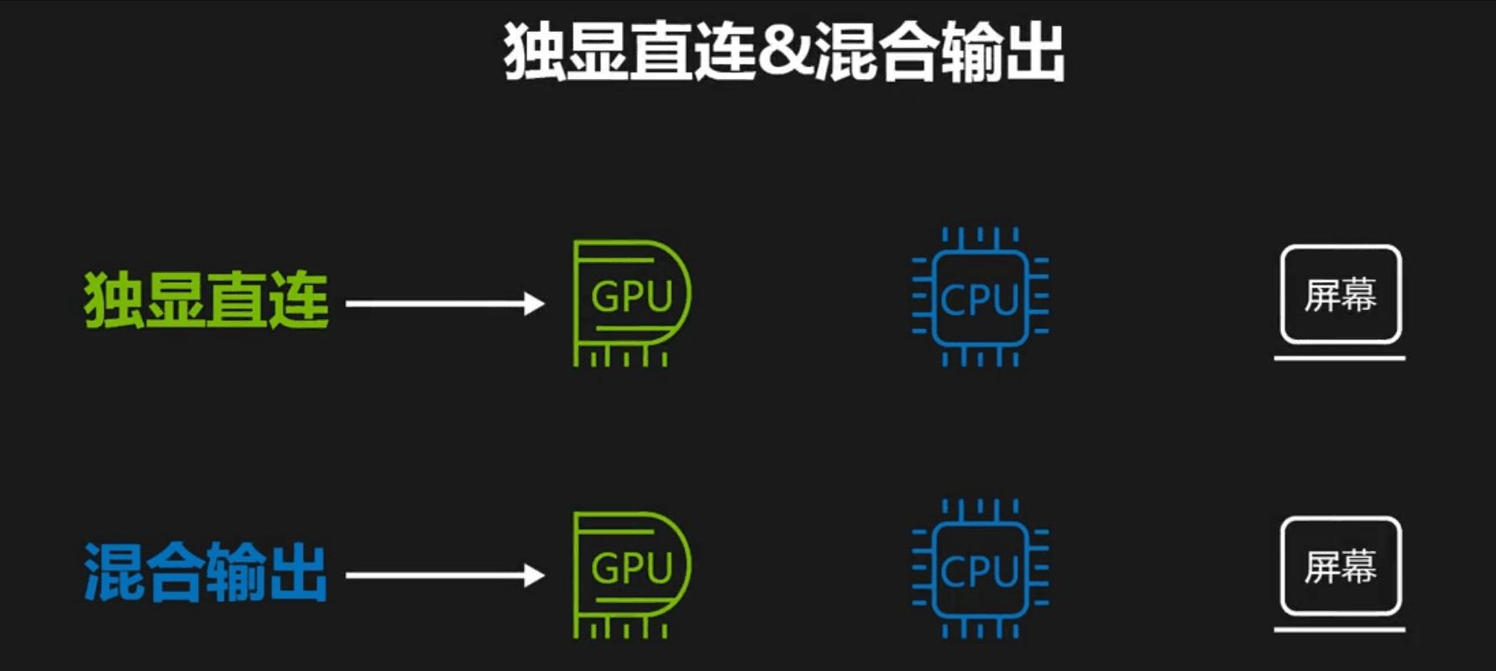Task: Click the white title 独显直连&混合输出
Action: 784,52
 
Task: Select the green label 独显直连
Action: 206,300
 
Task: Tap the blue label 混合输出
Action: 206,572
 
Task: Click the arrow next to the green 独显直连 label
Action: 444,303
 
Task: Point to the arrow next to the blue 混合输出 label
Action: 444,575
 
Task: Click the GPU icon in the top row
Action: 631,302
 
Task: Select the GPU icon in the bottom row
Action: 631,574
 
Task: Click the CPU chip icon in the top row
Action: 980,297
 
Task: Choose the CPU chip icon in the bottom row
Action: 980,569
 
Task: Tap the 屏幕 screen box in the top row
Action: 1341,294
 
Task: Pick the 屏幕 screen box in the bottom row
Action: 1341,566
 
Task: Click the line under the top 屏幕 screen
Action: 1339,358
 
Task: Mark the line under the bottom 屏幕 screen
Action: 1339,629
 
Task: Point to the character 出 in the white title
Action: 1034,52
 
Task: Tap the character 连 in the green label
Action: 299,300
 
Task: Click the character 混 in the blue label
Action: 113,572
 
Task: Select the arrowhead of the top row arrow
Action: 534,303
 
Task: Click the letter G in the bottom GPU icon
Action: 605,569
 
